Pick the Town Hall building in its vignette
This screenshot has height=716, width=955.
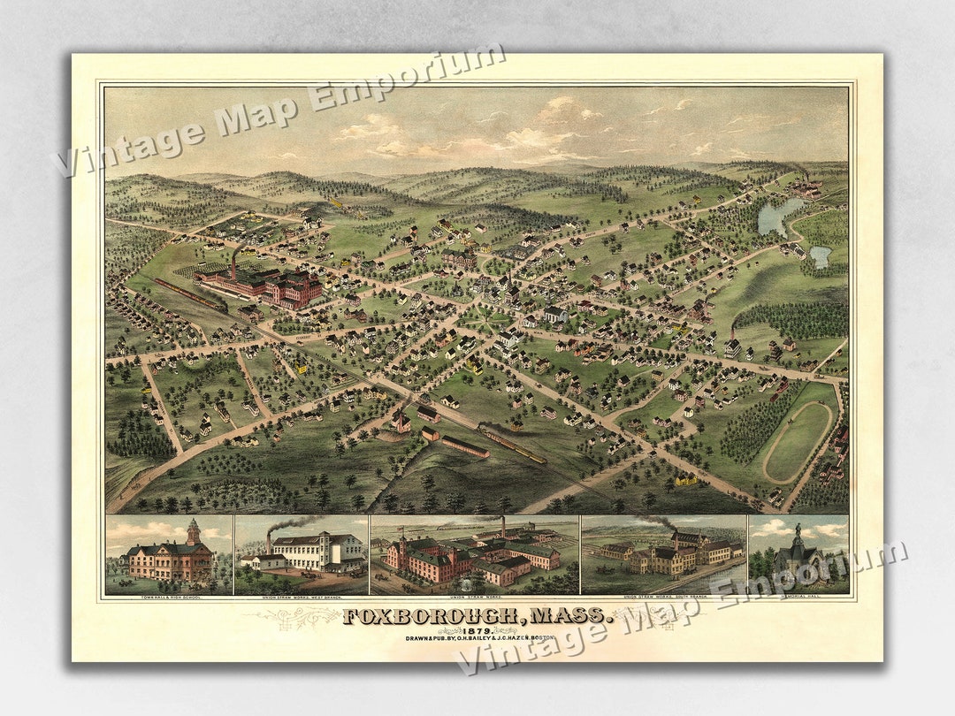pos(171,558)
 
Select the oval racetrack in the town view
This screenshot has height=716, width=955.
pos(797,441)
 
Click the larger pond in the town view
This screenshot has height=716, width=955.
pos(779,216)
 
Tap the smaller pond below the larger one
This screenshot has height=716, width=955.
pos(821,256)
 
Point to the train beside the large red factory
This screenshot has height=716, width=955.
pos(189,294)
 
